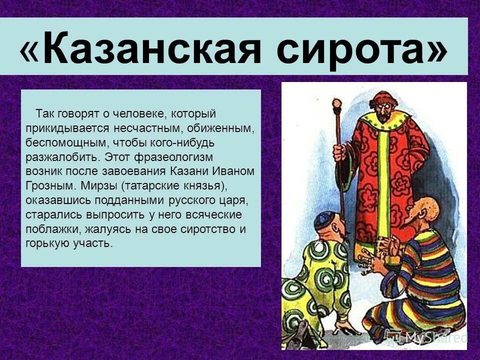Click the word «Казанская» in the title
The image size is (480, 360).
[150, 49]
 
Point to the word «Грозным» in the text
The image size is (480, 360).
[47, 186]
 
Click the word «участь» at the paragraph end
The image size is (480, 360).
[94, 244]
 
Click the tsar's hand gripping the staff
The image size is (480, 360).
[340, 152]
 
